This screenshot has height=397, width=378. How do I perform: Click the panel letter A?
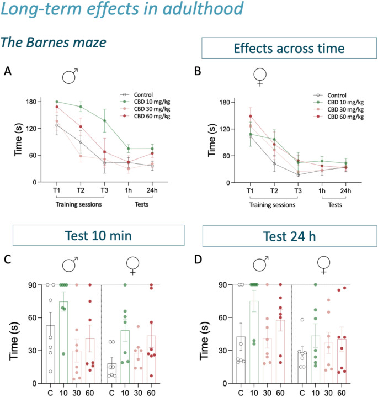pos(8,70)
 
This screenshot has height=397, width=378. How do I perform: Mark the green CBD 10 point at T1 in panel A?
pos(56,102)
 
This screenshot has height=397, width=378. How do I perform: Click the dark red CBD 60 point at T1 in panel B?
pos(250,117)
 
